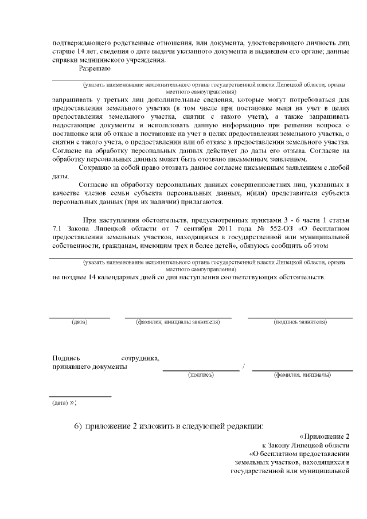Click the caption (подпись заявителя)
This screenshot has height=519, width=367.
pos(300,322)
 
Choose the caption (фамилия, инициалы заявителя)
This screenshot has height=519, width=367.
pos(178,322)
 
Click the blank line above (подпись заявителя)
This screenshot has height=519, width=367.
pos(300,317)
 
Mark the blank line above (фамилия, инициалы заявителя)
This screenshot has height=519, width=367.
pos(178,317)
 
